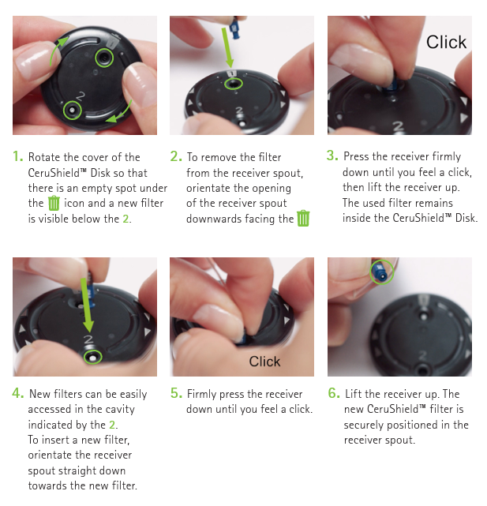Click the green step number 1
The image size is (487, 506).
[x=17, y=156]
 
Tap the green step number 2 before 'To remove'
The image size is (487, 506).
[x=176, y=156]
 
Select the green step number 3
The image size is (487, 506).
[x=332, y=156]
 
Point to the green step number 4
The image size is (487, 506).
[x=17, y=393]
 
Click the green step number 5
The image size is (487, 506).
[x=176, y=393]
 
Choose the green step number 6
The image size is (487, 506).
[x=334, y=393]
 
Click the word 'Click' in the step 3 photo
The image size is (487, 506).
[x=446, y=42]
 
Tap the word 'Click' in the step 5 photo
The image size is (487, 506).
[x=264, y=362]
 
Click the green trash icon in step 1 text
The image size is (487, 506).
[x=54, y=203]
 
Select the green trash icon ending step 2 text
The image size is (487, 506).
[x=303, y=218]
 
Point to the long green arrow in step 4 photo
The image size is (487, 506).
[x=87, y=305]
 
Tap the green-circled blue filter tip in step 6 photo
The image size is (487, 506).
[x=382, y=272]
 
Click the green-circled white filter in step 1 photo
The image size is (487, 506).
[x=72, y=111]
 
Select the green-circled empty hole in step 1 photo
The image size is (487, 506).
[x=104, y=58]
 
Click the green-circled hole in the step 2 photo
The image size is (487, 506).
[x=234, y=84]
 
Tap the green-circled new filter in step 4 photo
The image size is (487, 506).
[x=92, y=358]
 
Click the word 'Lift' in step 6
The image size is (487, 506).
[x=353, y=394]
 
